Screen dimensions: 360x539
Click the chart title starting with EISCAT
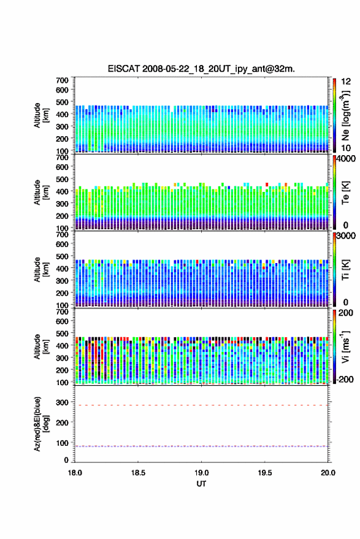click(x=201, y=69)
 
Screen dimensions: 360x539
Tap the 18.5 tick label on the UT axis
click(x=138, y=473)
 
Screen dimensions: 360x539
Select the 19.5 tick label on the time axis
click(x=264, y=473)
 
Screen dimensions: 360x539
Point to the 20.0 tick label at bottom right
click(x=328, y=473)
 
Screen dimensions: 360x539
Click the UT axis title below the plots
click(x=201, y=484)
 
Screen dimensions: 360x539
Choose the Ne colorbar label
click(x=346, y=115)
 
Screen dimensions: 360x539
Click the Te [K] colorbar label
click(x=345, y=193)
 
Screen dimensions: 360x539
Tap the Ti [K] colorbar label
click(x=345, y=270)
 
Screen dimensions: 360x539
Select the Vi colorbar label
click(x=346, y=347)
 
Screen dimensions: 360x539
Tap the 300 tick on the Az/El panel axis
click(x=62, y=402)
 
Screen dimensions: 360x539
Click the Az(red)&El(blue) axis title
click(x=41, y=424)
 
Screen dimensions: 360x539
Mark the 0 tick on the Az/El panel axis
click(x=66, y=460)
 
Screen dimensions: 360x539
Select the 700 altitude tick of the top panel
click(x=62, y=80)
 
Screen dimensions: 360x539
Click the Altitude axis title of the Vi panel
click(x=41, y=346)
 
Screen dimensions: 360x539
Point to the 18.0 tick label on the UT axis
click(x=75, y=473)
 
